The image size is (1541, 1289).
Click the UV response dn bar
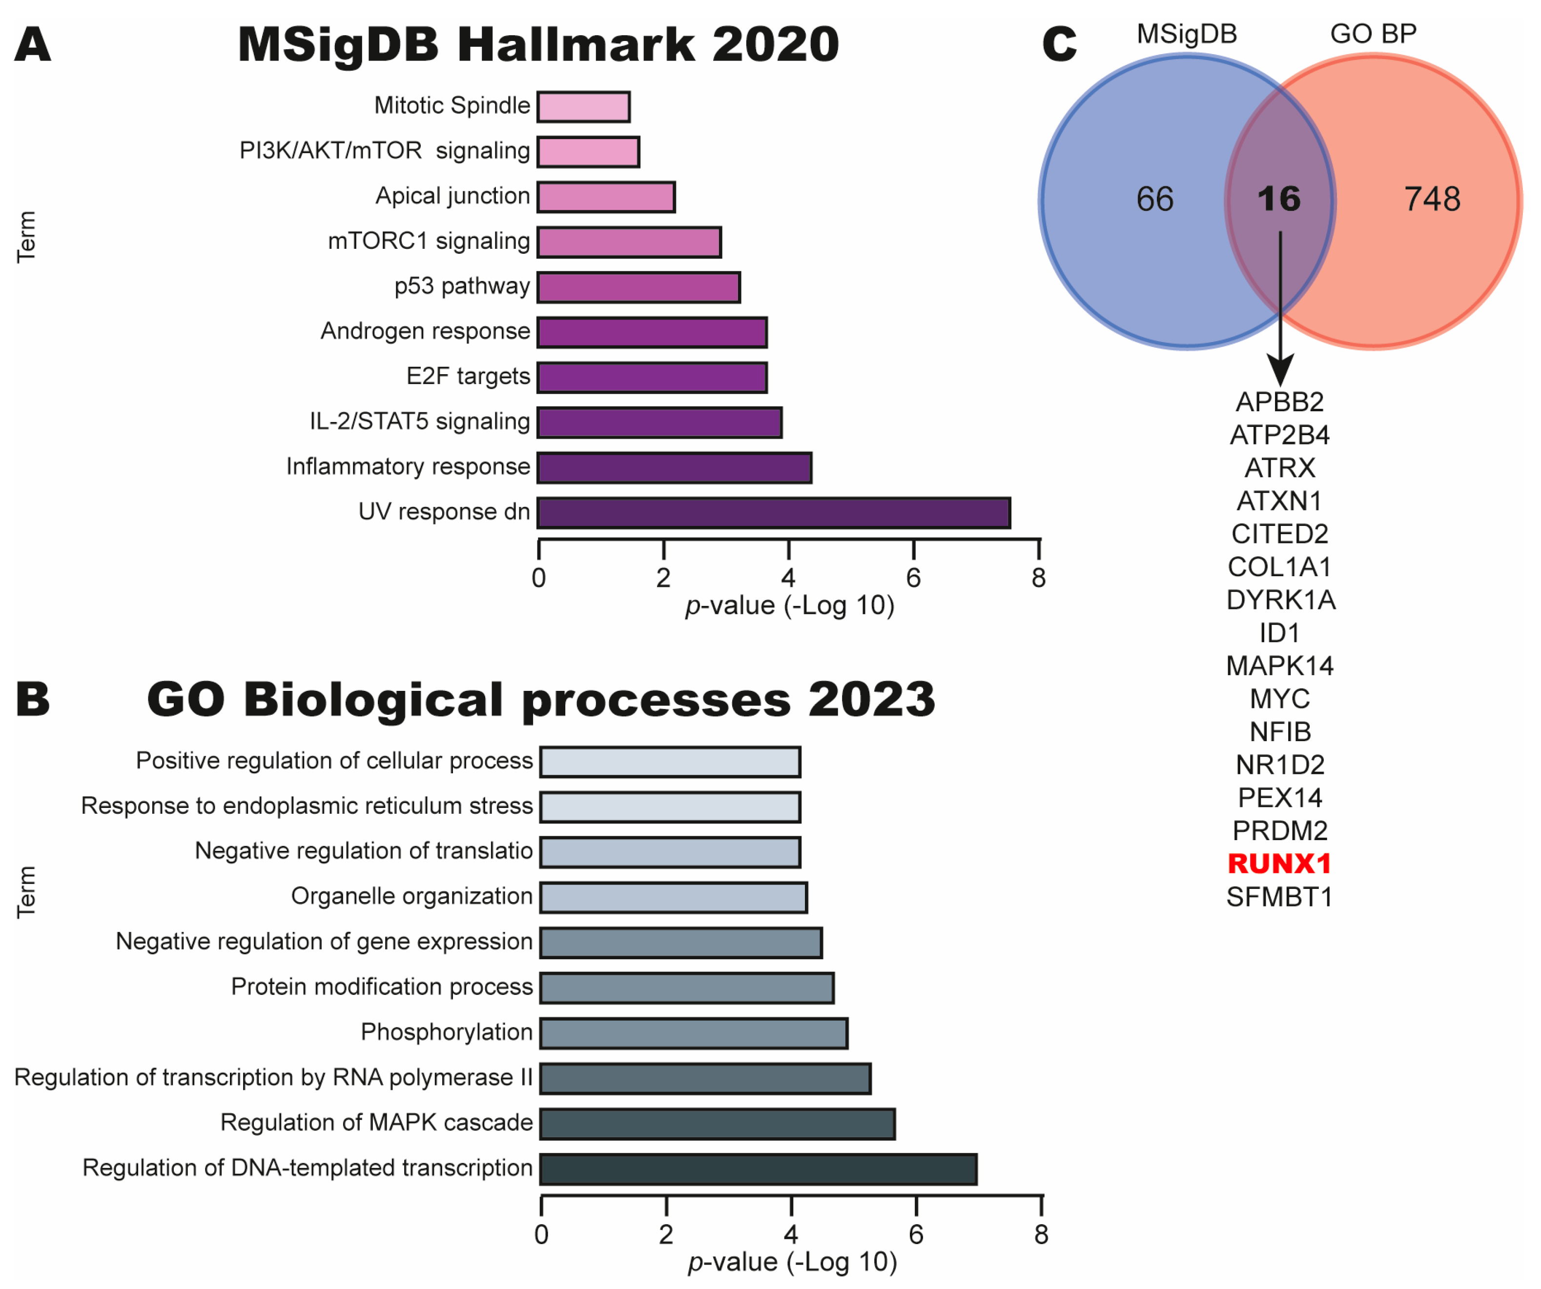774,513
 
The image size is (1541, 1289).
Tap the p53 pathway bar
638,287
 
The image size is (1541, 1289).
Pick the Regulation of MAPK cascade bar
717,1124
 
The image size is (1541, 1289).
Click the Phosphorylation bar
694,1033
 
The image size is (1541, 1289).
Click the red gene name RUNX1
1279,864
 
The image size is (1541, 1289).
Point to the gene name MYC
1279,699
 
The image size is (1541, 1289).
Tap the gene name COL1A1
1279,567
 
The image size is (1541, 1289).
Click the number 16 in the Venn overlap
1278,200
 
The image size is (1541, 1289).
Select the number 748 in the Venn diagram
1432,200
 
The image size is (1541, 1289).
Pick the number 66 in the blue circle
1154,200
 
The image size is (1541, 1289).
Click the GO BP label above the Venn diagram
1373,34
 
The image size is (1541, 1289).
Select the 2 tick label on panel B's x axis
666,1235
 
